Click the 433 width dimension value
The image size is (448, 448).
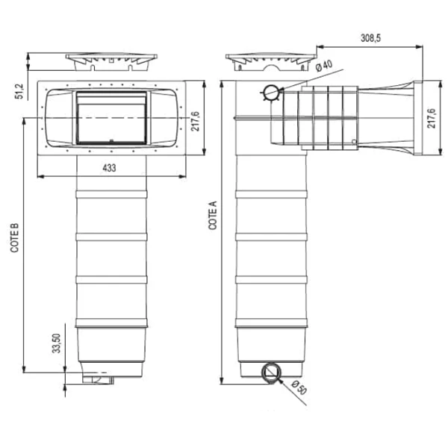108,169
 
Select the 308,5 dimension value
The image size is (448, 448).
370,38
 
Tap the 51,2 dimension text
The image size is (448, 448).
19,90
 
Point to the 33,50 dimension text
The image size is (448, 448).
55,347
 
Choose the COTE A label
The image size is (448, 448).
214,214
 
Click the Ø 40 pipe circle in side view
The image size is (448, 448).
270,93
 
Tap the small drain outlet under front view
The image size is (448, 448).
99,382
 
